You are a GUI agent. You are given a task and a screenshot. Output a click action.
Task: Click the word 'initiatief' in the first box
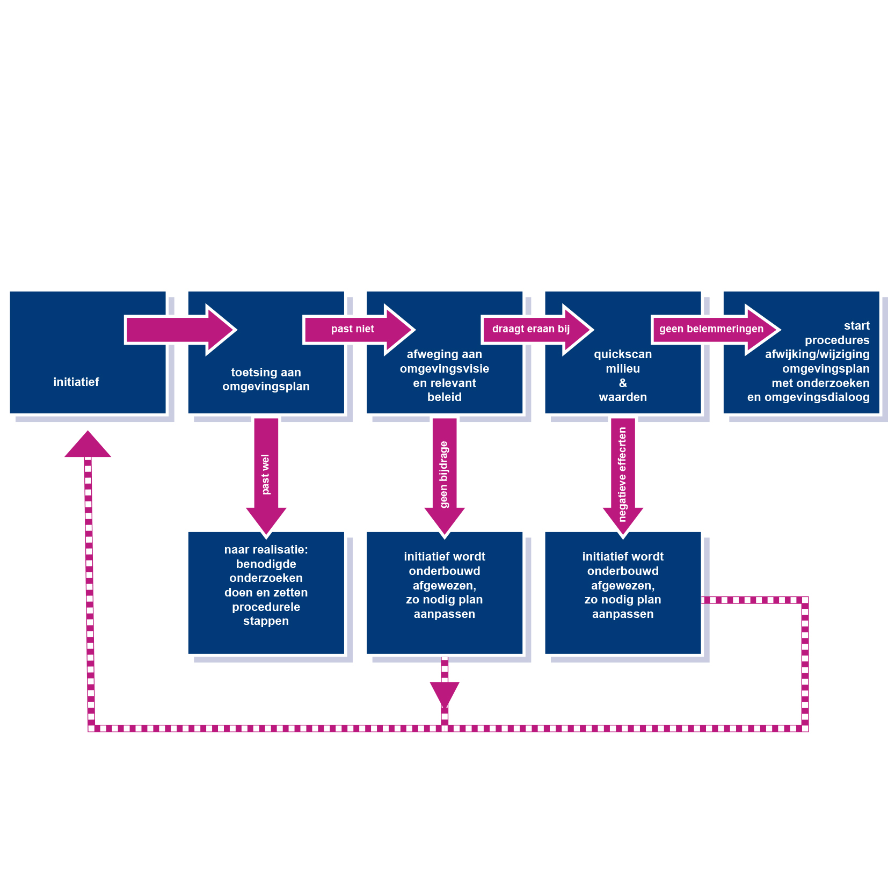[x=76, y=382]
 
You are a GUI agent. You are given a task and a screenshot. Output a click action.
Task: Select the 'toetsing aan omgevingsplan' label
[x=266, y=379]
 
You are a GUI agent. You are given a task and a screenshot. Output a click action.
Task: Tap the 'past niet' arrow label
[x=352, y=329]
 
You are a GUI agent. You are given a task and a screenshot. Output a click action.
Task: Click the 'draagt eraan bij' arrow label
[x=530, y=329]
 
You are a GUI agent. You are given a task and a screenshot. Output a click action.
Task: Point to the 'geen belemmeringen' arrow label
[x=711, y=329]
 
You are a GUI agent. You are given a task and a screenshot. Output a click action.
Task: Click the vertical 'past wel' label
[x=266, y=474]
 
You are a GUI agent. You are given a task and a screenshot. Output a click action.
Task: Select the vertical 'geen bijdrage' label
[x=444, y=474]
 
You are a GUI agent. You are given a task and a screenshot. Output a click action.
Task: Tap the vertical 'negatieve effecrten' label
[x=622, y=474]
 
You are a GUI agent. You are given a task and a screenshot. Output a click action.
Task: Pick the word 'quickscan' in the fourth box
[x=623, y=354]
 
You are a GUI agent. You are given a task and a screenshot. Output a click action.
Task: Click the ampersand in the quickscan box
[x=623, y=383]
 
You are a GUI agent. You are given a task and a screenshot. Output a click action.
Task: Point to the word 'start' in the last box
[x=856, y=326]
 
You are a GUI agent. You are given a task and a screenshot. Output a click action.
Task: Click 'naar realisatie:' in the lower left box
[x=266, y=550]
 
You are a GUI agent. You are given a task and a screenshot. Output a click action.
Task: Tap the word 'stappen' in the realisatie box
[x=266, y=621]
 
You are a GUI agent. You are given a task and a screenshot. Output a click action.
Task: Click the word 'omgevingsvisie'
[x=444, y=369]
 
